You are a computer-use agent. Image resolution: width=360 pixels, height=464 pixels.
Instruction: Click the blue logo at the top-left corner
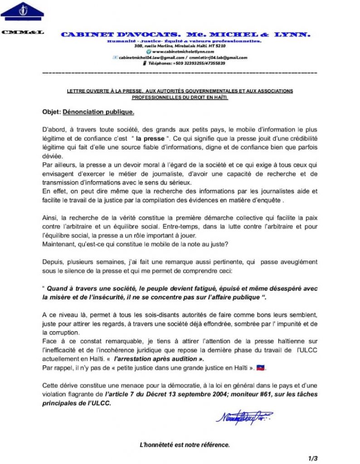tap(22, 11)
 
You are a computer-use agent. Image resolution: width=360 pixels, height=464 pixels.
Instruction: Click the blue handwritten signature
tap(243, 416)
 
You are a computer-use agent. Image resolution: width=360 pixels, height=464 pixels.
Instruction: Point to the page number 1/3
tap(312, 458)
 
